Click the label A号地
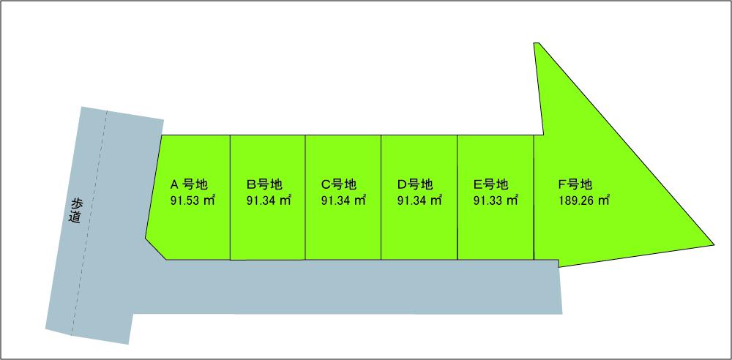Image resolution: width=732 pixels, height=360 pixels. point(189,184)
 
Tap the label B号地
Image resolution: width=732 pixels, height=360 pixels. point(264,184)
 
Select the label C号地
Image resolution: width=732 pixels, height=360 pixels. point(339,184)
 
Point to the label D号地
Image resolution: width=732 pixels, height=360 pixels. point(415,184)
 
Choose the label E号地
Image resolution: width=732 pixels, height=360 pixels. point(490,184)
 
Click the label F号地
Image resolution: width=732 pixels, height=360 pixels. point(575,184)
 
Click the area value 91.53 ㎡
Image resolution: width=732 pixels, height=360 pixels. point(192,200)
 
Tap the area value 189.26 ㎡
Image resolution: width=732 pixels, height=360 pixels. point(583,200)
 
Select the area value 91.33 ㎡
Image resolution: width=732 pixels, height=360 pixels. point(496,200)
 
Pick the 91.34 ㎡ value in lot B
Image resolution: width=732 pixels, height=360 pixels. point(269,200)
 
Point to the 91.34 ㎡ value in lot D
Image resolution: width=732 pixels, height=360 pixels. point(419,200)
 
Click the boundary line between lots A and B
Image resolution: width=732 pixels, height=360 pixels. point(231,198)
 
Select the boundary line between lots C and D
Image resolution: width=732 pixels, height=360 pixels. point(381,198)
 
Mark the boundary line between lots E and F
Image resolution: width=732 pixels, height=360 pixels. point(534,198)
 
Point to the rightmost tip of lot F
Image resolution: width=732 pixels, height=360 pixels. point(713,243)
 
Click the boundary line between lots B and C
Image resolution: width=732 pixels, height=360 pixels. point(305,198)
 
